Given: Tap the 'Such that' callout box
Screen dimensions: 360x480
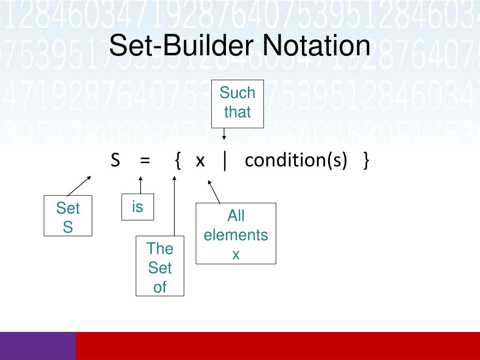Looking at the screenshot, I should click(x=237, y=103).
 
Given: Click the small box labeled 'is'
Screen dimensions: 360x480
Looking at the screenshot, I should click(x=137, y=207).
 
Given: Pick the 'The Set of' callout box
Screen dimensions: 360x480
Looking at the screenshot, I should click(x=160, y=266).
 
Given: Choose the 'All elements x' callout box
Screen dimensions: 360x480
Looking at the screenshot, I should click(x=236, y=233).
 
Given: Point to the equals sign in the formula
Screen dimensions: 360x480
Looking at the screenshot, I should click(x=144, y=161).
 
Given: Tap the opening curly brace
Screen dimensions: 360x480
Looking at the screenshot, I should click(x=177, y=161).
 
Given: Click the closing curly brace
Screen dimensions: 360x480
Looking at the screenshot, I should click(x=366, y=161).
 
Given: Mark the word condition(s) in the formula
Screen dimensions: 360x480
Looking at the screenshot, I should click(x=296, y=161).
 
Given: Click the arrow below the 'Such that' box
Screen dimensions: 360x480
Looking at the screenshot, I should click(x=224, y=134).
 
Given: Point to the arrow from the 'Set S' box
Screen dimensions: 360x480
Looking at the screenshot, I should click(x=79, y=186).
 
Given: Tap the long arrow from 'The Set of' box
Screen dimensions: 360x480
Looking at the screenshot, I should click(x=174, y=206).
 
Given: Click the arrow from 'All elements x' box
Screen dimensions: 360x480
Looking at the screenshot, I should click(x=214, y=192).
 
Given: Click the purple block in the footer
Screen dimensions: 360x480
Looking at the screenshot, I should click(x=37, y=346).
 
